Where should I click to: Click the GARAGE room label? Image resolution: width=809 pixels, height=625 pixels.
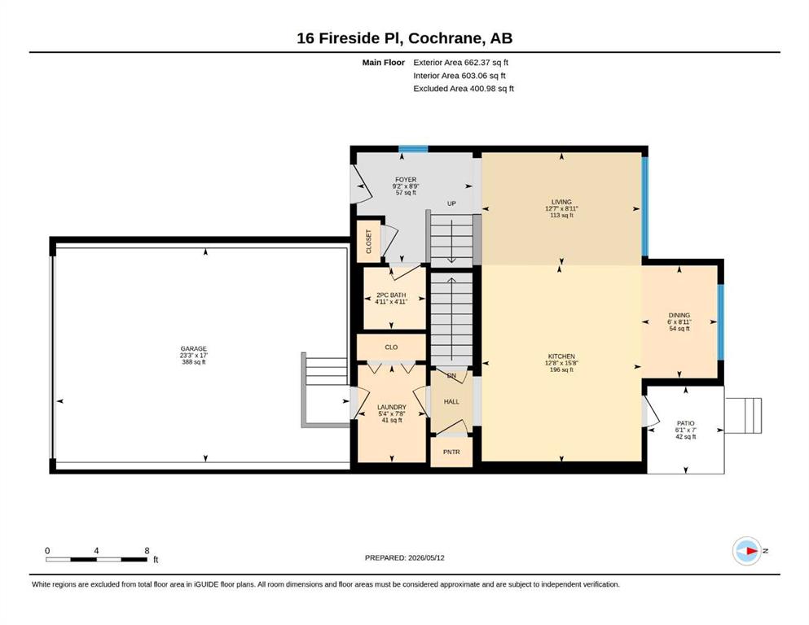click(x=193, y=349)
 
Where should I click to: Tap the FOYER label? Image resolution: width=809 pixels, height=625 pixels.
click(x=406, y=180)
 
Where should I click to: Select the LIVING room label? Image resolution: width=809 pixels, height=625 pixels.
click(x=561, y=202)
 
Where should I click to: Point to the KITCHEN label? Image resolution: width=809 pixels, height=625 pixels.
click(x=561, y=356)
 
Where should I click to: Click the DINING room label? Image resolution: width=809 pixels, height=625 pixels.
click(x=679, y=315)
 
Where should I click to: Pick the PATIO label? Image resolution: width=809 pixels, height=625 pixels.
click(x=686, y=423)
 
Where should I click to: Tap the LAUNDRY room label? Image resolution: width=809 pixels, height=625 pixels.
click(x=392, y=407)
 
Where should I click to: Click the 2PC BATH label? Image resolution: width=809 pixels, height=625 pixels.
click(x=391, y=295)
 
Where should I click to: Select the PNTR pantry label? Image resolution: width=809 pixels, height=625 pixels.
click(x=451, y=452)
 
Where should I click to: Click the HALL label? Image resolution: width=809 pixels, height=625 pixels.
click(x=451, y=401)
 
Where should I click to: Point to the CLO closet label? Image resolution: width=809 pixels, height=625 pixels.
click(x=391, y=347)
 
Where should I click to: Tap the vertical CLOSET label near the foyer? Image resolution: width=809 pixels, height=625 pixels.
click(x=369, y=241)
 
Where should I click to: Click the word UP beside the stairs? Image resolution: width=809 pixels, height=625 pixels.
click(x=451, y=203)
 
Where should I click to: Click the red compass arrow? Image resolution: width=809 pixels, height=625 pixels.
click(x=752, y=551)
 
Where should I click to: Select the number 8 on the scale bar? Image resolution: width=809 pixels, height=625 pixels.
click(x=147, y=550)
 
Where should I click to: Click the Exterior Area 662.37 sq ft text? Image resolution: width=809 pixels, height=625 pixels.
click(x=461, y=63)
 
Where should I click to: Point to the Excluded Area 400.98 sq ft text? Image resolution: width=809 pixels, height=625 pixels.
click(x=464, y=88)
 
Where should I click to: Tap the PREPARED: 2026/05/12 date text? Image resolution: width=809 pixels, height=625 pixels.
click(x=404, y=557)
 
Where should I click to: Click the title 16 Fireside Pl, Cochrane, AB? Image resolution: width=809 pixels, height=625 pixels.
click(x=404, y=38)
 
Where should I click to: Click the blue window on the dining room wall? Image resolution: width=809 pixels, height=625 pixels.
click(x=721, y=321)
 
